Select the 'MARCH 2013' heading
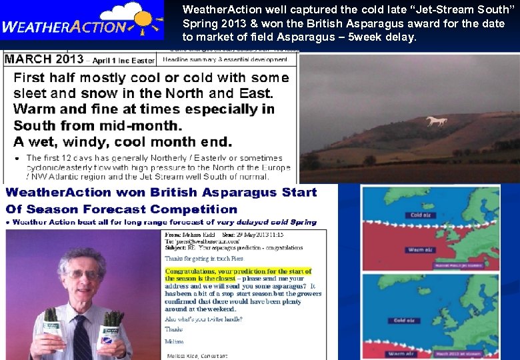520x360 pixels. point(44,59)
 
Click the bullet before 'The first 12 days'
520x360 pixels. point(17,159)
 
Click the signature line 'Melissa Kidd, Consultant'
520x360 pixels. point(196,356)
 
